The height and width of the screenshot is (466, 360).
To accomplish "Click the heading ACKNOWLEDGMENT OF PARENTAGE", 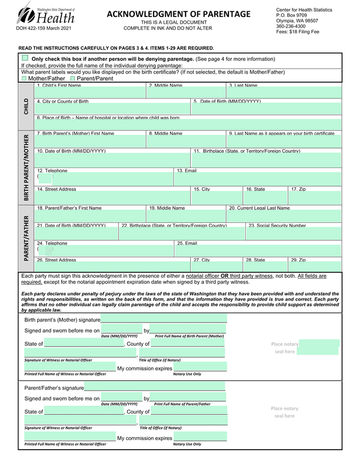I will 179,14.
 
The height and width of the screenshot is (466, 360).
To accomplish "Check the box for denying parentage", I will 25,58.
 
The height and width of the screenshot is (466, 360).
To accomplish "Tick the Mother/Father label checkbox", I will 24,79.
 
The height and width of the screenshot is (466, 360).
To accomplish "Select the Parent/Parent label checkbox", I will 72,79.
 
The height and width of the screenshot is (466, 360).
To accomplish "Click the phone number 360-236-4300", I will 291,26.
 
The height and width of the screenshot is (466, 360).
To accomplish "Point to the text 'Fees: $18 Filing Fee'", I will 298,32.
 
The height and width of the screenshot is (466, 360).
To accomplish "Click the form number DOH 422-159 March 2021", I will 40,28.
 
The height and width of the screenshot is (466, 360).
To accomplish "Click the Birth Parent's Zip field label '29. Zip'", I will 298,260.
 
